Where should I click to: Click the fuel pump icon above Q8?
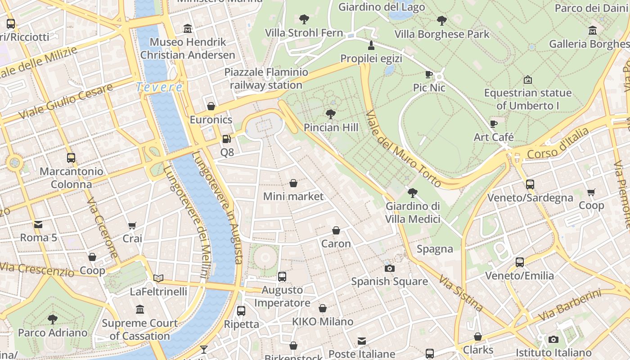coord(227,139)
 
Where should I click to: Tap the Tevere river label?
coord(159,87)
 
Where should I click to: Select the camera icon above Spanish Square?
coord(390,268)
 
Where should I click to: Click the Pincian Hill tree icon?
coord(331,114)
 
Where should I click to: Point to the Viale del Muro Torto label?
coord(403,149)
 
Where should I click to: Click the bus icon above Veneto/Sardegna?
coord(530,184)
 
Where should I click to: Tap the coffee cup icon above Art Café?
coord(494,124)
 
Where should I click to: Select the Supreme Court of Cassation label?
coord(140,329)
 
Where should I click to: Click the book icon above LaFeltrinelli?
coord(158,278)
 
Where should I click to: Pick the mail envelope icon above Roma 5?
coord(38,224)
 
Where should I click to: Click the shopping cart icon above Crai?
coord(132,225)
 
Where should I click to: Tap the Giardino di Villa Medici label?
coord(413,212)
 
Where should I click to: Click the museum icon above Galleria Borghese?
coord(593,31)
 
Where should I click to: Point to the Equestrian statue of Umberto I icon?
coord(528,80)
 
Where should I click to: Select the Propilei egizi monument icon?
coord(371,45)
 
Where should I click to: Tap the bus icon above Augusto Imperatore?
coord(282,276)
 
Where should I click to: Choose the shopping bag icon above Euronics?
coord(211,106)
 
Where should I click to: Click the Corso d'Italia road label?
coord(558,144)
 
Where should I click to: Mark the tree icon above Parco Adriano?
coord(53,319)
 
